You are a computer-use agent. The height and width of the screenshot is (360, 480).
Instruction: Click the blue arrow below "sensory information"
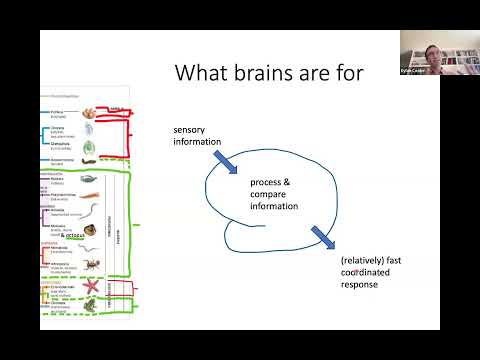[225, 160]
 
